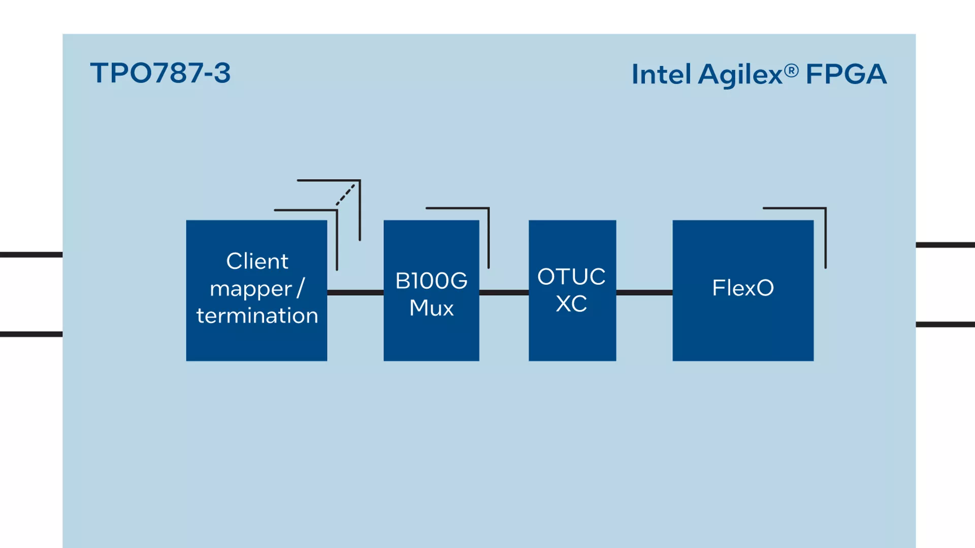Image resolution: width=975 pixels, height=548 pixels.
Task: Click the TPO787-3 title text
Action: (160, 73)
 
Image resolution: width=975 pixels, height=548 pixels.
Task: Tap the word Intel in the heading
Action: (661, 75)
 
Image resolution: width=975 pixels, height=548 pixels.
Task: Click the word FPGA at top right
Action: (846, 74)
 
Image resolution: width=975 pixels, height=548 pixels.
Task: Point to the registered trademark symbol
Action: (791, 71)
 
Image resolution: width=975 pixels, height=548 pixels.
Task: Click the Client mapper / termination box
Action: (256, 290)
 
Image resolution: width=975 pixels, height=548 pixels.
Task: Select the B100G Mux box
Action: (431, 290)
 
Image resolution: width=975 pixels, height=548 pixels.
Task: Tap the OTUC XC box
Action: (572, 290)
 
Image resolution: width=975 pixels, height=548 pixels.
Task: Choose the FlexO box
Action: (743, 290)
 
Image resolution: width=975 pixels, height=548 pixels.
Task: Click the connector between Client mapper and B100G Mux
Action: (355, 292)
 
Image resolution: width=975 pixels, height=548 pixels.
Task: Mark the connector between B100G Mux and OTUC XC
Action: (504, 292)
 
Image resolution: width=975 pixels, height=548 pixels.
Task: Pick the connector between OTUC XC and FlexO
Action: (644, 292)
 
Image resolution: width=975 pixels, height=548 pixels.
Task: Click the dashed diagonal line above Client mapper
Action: (345, 194)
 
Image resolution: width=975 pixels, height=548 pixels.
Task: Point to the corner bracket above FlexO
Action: (825, 208)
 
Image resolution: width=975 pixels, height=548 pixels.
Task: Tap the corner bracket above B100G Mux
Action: (488, 208)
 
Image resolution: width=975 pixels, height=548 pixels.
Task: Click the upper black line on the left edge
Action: (31, 255)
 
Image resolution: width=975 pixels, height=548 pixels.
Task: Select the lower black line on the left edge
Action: (31, 334)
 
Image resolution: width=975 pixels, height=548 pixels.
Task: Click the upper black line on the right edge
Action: (945, 245)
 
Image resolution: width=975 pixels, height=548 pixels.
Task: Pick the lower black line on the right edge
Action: (945, 324)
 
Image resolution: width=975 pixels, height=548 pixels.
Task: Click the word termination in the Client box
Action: (257, 316)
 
